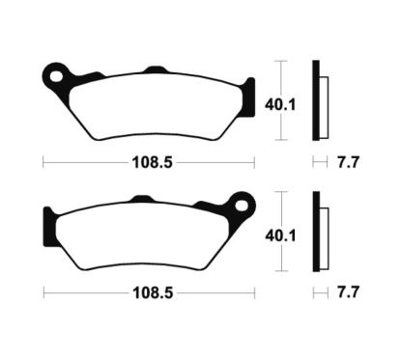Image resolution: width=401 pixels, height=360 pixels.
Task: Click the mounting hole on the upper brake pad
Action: [57, 74]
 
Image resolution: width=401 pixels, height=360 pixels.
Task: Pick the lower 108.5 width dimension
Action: [148, 289]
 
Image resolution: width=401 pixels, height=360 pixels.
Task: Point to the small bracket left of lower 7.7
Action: [319, 289]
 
